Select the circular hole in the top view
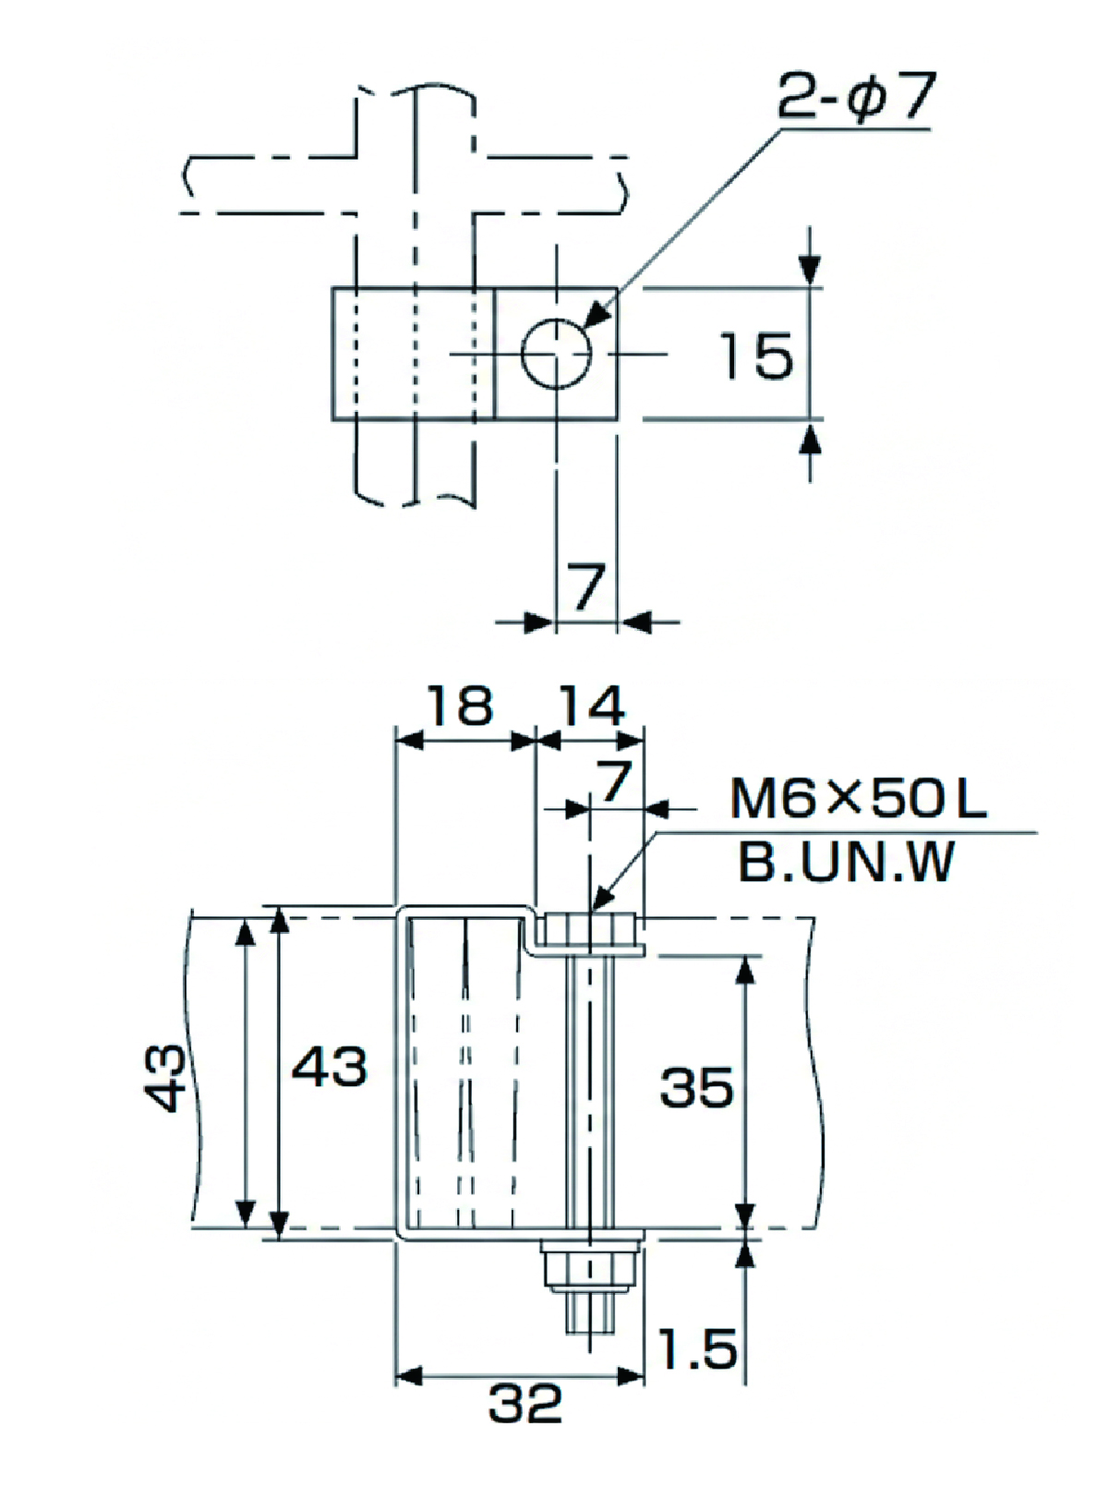[x=556, y=353]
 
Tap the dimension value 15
[x=755, y=356]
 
